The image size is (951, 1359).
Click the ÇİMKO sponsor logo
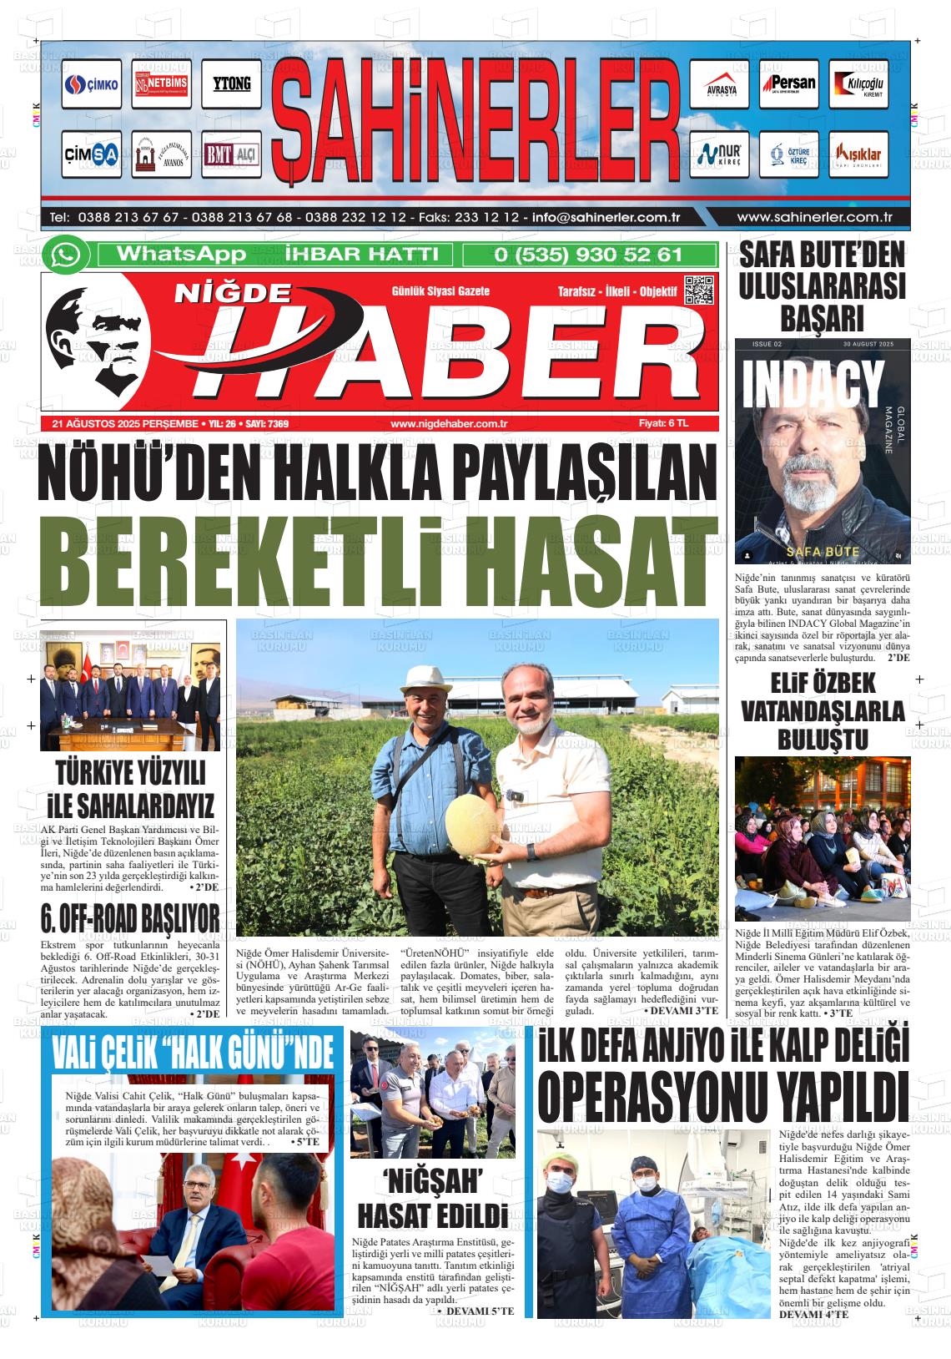click(91, 84)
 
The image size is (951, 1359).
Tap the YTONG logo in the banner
click(231, 84)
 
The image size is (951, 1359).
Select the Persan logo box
click(788, 84)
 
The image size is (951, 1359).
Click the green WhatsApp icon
click(66, 255)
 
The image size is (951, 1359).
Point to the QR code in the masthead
click(699, 290)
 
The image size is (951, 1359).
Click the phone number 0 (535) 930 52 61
click(588, 255)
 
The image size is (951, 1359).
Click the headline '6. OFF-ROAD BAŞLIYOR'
click(130, 919)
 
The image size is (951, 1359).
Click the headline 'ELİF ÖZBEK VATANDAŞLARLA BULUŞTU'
click(823, 711)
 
